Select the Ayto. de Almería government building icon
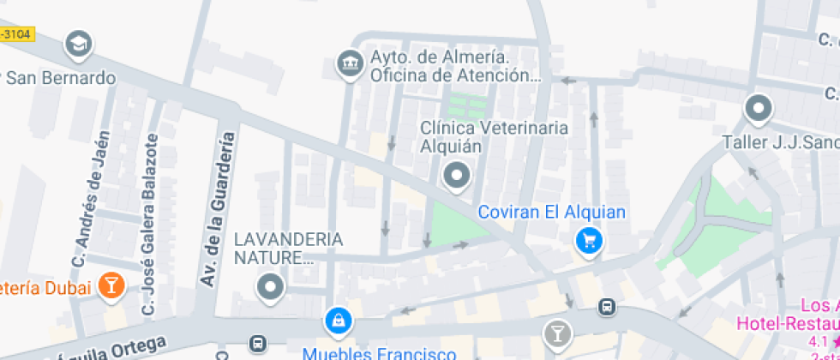tap(349, 63)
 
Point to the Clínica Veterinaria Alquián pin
tap(456, 177)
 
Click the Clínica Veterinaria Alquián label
tap(493, 136)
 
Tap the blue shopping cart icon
tap(588, 240)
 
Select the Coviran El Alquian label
tap(551, 212)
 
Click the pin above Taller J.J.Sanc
tap(758, 109)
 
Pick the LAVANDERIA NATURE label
tap(288, 248)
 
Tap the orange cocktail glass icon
tap(111, 286)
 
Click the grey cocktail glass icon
tap(557, 331)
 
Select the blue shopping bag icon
tap(339, 321)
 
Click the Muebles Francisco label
tap(379, 353)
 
